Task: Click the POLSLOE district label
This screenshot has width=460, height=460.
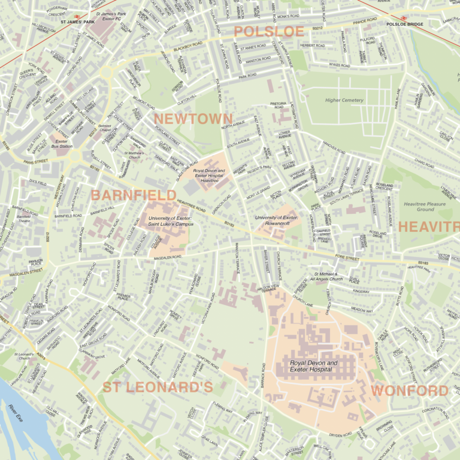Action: click(x=269, y=32)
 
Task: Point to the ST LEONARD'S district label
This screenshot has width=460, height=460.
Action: click(x=158, y=388)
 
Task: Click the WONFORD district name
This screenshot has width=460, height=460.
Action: click(x=410, y=391)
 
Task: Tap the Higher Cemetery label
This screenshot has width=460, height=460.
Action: click(x=344, y=100)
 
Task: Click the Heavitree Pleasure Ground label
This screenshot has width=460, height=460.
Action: click(x=425, y=207)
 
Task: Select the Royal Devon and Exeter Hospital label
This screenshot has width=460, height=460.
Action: click(x=313, y=367)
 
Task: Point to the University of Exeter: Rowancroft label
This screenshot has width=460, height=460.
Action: click(x=276, y=220)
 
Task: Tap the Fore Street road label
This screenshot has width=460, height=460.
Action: click(x=347, y=258)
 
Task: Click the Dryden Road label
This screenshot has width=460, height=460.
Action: click(x=340, y=435)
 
